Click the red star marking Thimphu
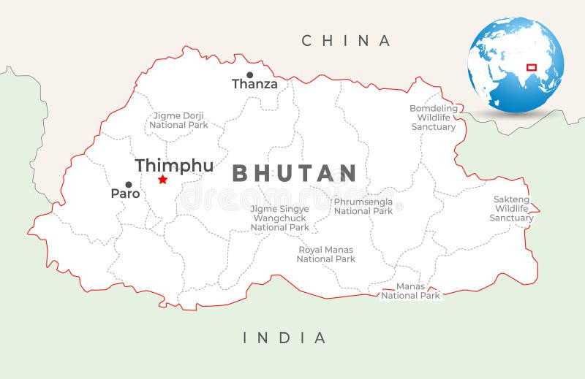162,180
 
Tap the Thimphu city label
174,166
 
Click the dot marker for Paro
129,185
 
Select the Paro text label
125,194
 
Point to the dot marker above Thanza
249,74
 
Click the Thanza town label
254,84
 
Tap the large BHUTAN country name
294,174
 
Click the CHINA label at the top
347,41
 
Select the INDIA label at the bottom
284,337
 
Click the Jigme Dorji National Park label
178,120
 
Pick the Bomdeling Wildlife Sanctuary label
434,118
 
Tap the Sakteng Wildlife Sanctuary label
511,208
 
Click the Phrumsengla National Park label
363,207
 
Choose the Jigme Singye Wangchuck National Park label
279,218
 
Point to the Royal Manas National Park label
325,254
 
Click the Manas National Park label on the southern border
410,291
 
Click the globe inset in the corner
516,65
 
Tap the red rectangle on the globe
532,67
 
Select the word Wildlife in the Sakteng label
511,208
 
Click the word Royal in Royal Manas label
310,250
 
